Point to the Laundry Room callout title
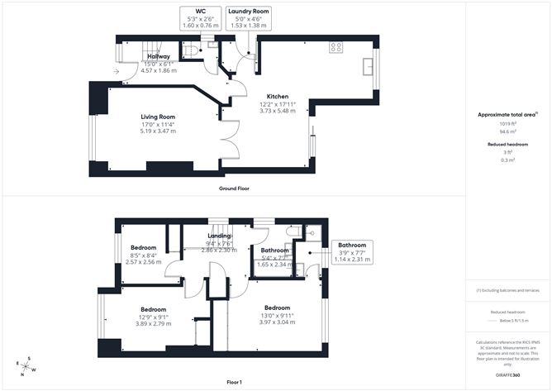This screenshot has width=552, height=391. [x=249, y=12]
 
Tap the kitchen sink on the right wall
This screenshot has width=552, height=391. [x=369, y=65]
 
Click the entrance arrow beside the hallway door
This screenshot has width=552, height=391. [x=115, y=71]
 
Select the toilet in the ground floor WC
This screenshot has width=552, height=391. [x=191, y=52]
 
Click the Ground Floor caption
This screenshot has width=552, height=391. [x=234, y=188]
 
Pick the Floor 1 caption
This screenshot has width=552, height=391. [x=236, y=382]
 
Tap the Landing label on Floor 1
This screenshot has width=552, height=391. [x=219, y=236]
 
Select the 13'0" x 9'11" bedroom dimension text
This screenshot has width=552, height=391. [x=277, y=315]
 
